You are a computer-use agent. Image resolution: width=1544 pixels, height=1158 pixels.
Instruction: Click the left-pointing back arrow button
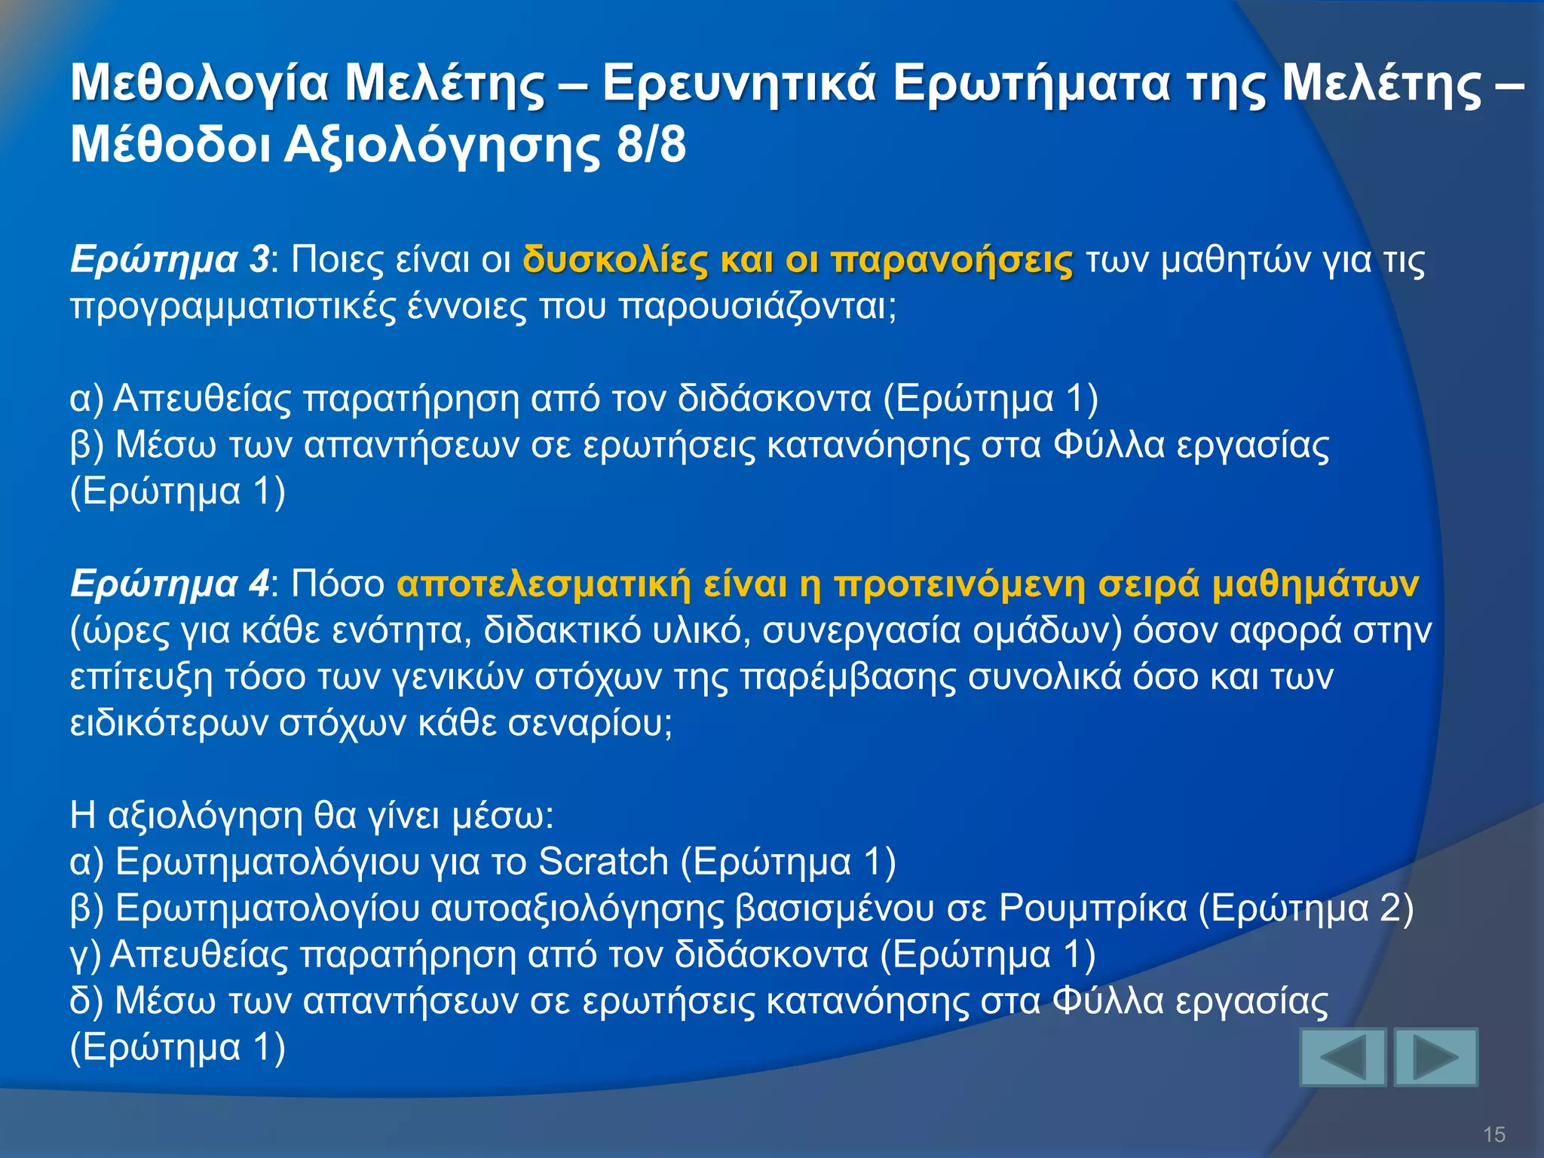click(x=1343, y=1057)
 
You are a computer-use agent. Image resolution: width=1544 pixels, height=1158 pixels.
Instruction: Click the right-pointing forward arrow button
click(x=1435, y=1057)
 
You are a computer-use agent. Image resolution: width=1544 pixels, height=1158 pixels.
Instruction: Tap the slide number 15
click(x=1493, y=1134)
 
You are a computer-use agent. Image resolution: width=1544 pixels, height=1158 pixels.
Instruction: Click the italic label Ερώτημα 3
click(x=169, y=260)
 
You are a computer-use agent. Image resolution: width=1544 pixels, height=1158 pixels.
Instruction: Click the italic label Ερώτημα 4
click(x=169, y=584)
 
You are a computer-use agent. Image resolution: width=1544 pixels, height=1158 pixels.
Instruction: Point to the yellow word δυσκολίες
click(x=615, y=260)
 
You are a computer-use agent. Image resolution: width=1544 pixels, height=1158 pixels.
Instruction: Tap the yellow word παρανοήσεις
click(x=951, y=260)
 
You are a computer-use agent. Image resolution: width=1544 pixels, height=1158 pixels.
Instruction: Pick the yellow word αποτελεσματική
click(x=543, y=584)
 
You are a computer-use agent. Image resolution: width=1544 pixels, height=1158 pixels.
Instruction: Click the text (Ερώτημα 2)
click(x=1306, y=908)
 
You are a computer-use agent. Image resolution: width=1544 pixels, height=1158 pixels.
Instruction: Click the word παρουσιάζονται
click(x=757, y=307)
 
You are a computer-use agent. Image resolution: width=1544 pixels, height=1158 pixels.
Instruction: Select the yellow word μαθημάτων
click(x=1315, y=584)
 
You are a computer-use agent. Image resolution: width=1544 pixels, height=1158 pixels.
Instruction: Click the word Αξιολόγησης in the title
click(x=443, y=145)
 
